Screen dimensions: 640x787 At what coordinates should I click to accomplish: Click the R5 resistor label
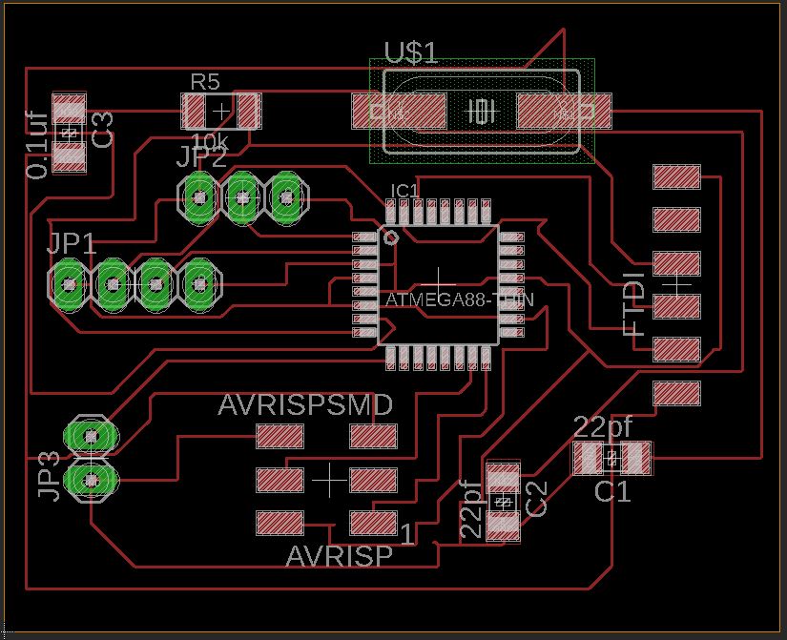click(x=204, y=82)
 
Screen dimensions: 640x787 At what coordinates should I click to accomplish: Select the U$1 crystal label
click(x=411, y=52)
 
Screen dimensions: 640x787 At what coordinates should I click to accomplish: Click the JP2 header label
click(x=201, y=157)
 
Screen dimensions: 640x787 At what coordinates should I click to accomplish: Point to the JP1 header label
click(x=72, y=243)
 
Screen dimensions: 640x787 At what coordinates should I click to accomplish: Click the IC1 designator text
click(x=404, y=191)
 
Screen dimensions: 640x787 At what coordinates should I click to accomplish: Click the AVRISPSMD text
click(x=305, y=405)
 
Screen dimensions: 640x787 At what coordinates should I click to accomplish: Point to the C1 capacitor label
click(x=612, y=492)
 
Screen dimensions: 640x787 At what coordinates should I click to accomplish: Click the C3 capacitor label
click(x=102, y=129)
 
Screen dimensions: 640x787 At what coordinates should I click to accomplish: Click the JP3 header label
click(x=50, y=475)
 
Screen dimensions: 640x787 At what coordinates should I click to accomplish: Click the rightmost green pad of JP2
click(x=286, y=197)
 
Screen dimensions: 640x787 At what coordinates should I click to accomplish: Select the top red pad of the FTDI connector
click(x=677, y=176)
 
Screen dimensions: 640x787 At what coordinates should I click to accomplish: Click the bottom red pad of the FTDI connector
click(x=677, y=392)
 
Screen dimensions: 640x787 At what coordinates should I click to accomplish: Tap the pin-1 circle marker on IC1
click(x=389, y=237)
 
